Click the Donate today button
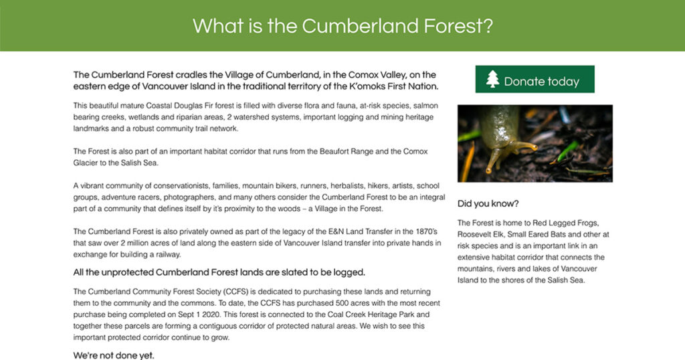click(534, 79)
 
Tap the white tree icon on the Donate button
click(492, 79)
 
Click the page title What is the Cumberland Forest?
click(343, 26)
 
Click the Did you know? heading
click(488, 203)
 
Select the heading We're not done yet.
click(114, 355)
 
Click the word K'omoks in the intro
click(367, 86)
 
